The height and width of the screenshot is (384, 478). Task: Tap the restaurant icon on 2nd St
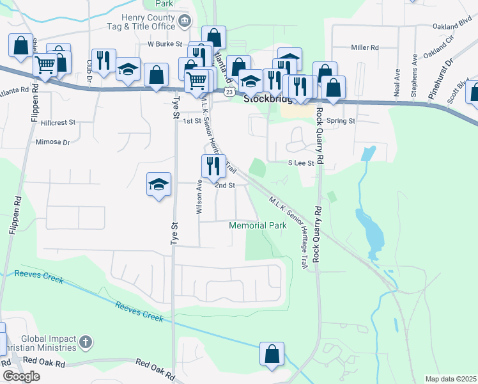click(213, 166)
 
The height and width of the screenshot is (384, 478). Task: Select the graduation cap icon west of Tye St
click(158, 185)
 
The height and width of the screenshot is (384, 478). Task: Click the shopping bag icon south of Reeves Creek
click(272, 354)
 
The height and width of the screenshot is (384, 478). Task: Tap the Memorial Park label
click(258, 226)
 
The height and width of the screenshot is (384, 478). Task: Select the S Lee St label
click(301, 163)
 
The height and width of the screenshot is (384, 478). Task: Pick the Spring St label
click(340, 120)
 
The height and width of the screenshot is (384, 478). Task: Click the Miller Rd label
click(365, 47)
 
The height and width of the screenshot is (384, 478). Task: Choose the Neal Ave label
click(397, 83)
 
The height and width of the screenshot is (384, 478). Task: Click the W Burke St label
click(165, 45)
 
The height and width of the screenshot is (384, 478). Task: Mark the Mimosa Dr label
click(52, 142)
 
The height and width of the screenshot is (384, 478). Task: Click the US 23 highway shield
click(229, 92)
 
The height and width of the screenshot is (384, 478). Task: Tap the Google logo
click(21, 376)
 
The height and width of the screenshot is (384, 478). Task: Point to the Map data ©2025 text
click(451, 379)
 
